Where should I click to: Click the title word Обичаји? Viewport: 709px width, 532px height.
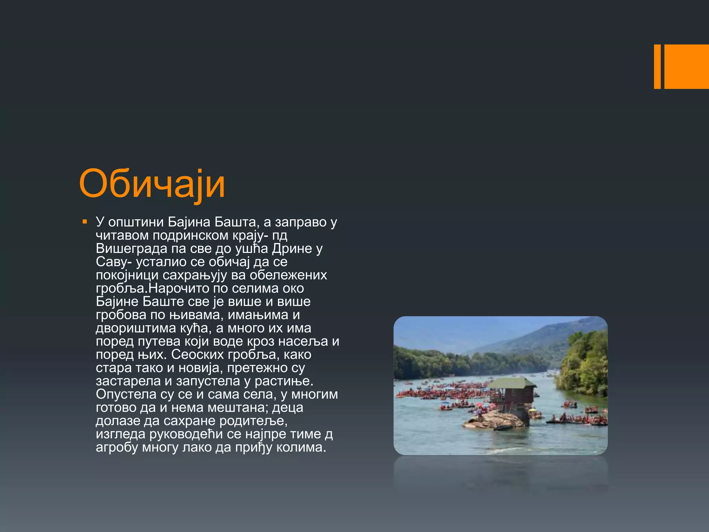click(x=152, y=184)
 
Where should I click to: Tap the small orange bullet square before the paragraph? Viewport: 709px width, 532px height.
click(x=84, y=222)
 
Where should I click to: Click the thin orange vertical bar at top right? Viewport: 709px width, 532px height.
click(x=657, y=66)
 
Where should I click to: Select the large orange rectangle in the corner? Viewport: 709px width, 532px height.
click(x=686, y=66)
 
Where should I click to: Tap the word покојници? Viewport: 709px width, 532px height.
click(x=127, y=275)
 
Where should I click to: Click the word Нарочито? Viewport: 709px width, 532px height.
click(x=178, y=288)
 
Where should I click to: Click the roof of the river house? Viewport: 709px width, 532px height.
click(x=512, y=383)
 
